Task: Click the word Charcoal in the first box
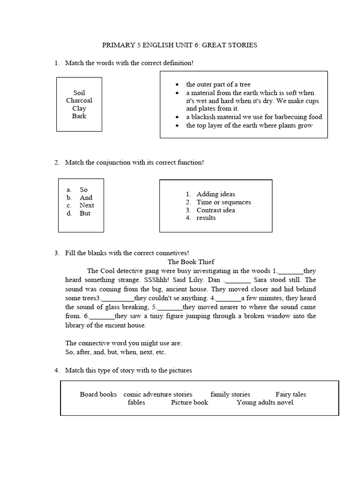click(x=79, y=100)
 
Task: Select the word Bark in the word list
click(x=79, y=116)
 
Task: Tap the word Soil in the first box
click(x=79, y=93)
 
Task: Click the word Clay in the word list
click(x=79, y=108)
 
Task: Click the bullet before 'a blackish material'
click(x=177, y=117)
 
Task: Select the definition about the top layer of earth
click(x=249, y=125)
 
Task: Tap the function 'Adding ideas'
click(x=216, y=194)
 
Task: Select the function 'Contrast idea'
click(x=216, y=210)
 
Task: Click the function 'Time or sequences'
click(x=224, y=202)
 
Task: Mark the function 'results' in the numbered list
click(x=206, y=218)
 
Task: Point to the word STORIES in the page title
click(x=240, y=45)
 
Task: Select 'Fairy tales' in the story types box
click(x=291, y=394)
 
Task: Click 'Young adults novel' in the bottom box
click(x=265, y=402)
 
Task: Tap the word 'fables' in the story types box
click(x=136, y=402)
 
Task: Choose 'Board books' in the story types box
click(x=98, y=394)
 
